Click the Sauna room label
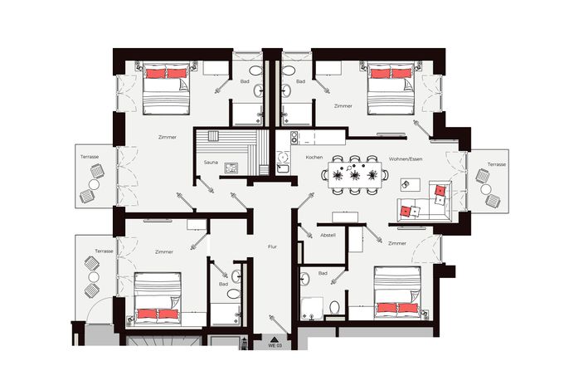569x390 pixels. point(211,163)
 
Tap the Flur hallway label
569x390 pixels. point(272,246)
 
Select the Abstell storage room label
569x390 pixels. point(328,236)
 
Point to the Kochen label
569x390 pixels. point(314,157)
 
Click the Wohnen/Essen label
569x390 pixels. point(406,159)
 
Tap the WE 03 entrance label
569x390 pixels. point(275,346)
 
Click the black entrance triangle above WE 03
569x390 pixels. point(275,339)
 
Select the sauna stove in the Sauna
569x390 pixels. point(231,168)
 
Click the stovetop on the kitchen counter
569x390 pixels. point(294,137)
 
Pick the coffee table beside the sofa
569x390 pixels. point(411,185)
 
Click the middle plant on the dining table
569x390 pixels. point(354,175)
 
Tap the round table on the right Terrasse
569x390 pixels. point(486,189)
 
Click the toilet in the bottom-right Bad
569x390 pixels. point(334,308)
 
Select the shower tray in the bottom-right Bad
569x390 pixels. point(312,309)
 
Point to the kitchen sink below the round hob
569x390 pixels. point(282,168)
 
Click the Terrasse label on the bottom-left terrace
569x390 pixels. point(105,251)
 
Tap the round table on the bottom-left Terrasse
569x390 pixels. point(94,277)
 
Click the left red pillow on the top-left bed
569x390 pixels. point(156,74)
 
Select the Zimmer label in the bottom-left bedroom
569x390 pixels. point(164,252)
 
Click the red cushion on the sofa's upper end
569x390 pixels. point(440,190)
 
